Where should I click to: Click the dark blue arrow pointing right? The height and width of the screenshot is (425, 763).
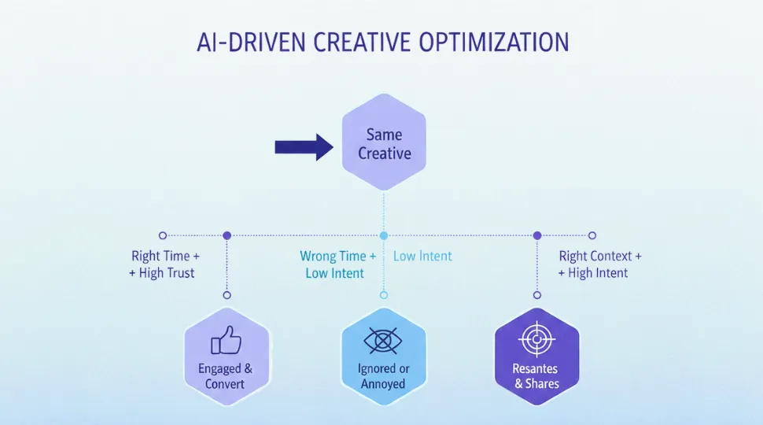coord(304,146)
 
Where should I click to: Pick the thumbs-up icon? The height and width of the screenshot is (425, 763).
coord(226,341)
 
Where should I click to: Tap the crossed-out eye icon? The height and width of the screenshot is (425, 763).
coord(383,341)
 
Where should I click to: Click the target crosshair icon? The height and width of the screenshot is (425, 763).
coord(537,340)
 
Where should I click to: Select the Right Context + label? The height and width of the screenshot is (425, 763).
coord(600,256)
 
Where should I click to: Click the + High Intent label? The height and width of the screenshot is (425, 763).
coord(593,273)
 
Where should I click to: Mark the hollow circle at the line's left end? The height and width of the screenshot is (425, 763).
coord(163,235)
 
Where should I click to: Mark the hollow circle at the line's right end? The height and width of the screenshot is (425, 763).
coord(592,235)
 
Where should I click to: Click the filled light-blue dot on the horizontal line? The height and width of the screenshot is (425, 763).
coord(384,235)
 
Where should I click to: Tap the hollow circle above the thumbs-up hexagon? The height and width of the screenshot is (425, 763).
coord(227,295)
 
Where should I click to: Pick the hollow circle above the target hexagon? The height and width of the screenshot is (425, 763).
coord(537,295)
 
